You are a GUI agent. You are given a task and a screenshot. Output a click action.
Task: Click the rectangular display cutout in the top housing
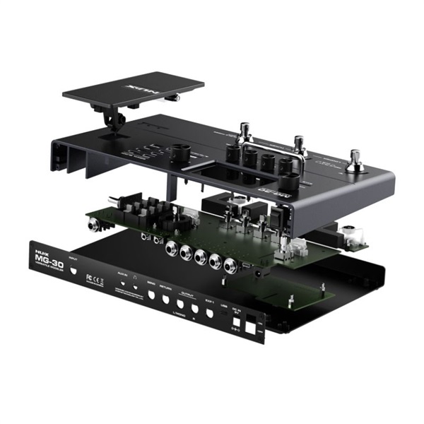point(212,174)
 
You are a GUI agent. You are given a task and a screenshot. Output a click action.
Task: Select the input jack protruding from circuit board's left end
point(94,225)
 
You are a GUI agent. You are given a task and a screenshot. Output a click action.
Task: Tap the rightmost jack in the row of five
point(230,266)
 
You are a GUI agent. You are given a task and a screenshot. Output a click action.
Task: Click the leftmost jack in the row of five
point(170,247)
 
